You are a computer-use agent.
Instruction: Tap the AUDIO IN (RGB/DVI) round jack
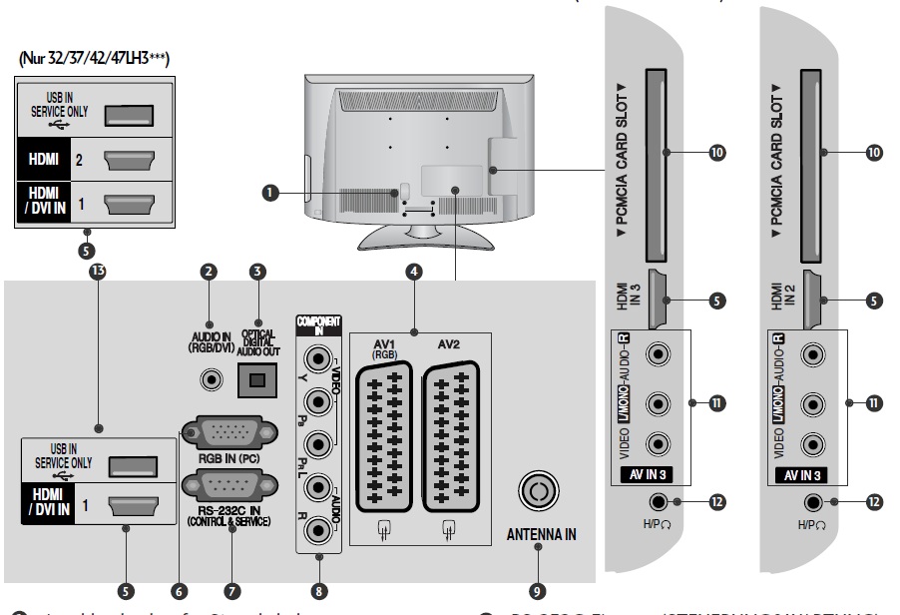[211, 379]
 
